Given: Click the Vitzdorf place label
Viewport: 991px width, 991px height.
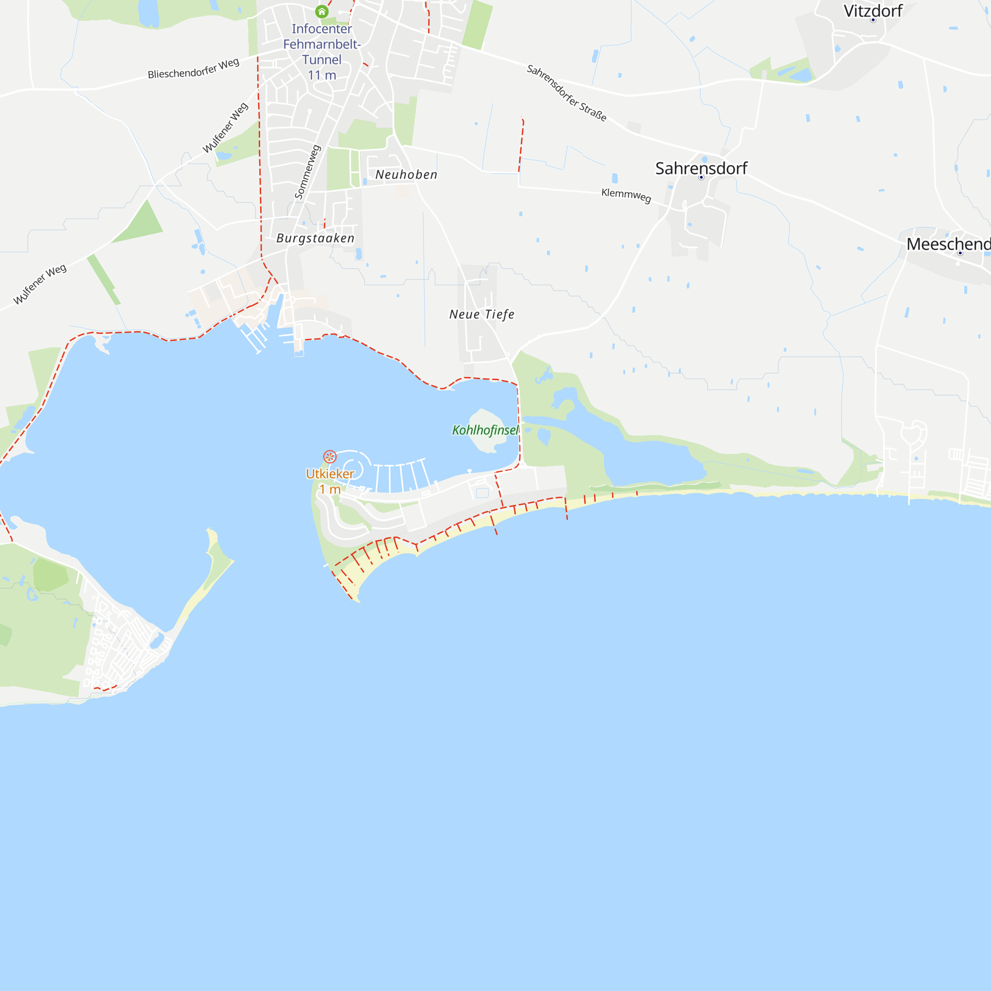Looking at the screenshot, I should click(873, 11).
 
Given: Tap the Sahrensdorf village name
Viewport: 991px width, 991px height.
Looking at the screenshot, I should click(701, 168).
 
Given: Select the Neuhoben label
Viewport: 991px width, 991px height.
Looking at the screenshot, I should click(406, 174).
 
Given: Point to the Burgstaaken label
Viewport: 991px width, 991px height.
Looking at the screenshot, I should click(316, 238).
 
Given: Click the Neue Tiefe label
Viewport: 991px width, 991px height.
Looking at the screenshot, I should click(482, 314).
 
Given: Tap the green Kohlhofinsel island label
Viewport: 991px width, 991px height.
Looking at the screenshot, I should click(485, 430).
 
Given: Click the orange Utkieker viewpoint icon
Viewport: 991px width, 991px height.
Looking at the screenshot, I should click(330, 456).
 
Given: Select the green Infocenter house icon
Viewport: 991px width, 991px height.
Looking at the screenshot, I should click(322, 11).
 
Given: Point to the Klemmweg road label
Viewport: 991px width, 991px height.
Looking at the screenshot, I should click(626, 195).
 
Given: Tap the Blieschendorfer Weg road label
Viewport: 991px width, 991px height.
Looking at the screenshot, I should click(193, 69).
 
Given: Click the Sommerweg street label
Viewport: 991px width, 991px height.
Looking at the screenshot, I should click(307, 172).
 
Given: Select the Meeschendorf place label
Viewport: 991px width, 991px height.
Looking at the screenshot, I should click(948, 244).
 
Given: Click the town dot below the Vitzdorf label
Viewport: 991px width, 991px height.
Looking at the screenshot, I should click(873, 20).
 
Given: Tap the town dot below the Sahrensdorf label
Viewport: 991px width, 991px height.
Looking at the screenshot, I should click(701, 177).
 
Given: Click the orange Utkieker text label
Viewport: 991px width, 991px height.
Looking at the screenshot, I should click(330, 473).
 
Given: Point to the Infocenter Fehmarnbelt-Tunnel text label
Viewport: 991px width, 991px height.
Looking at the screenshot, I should click(322, 44).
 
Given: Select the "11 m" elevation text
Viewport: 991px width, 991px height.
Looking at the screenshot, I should click(322, 75).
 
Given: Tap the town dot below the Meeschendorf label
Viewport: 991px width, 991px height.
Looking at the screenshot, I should click(960, 253).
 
